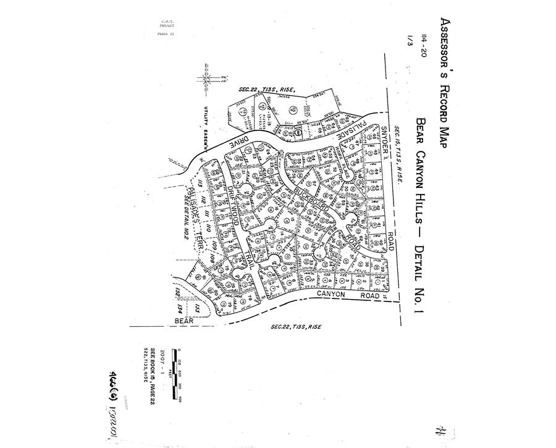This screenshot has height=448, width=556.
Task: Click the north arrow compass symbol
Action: tap(206, 80)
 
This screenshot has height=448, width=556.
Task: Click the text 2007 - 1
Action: tap(162, 361)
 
